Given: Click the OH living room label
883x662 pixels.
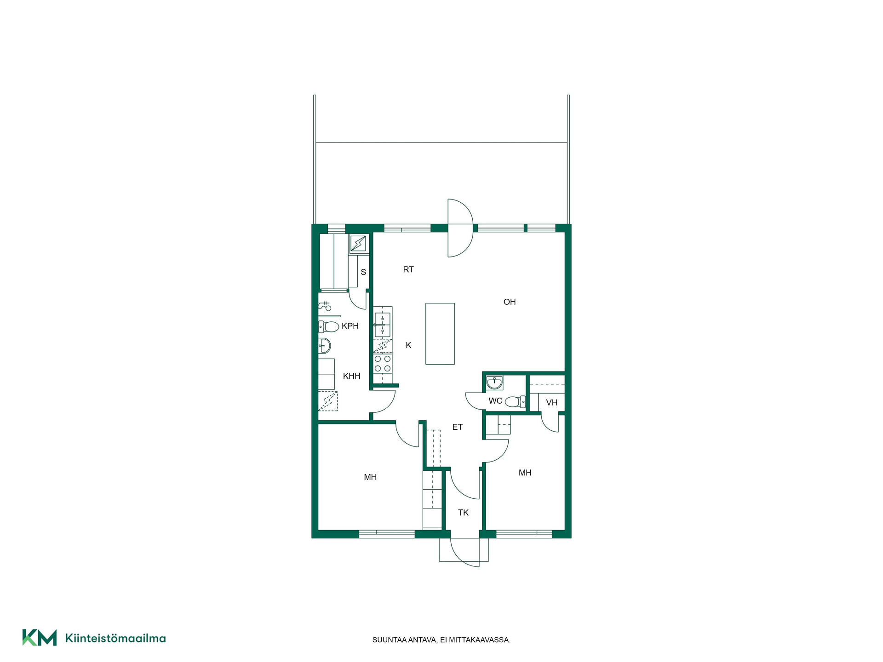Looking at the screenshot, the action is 510,302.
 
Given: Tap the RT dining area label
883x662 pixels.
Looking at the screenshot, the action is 408,270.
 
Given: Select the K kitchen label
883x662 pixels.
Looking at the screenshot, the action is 408,345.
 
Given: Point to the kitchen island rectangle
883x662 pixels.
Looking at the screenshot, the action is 440,334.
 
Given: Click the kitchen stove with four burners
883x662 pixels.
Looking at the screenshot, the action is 383,363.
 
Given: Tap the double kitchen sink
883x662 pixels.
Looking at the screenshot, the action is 383,325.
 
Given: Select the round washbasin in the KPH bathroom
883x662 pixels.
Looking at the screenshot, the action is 324,345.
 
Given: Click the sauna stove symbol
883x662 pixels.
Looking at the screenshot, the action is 358,243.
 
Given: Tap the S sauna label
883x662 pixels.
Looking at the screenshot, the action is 363,272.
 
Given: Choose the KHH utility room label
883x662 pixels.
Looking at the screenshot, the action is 352,376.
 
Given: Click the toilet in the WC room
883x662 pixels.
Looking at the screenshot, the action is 515,402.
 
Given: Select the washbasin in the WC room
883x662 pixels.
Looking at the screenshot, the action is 495,382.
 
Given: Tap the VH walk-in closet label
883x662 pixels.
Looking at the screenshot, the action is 552,403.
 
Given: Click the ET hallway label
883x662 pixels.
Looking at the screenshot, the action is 457,427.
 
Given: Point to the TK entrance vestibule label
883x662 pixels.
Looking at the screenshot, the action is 463,513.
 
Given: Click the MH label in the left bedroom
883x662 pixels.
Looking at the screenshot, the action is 370,477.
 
